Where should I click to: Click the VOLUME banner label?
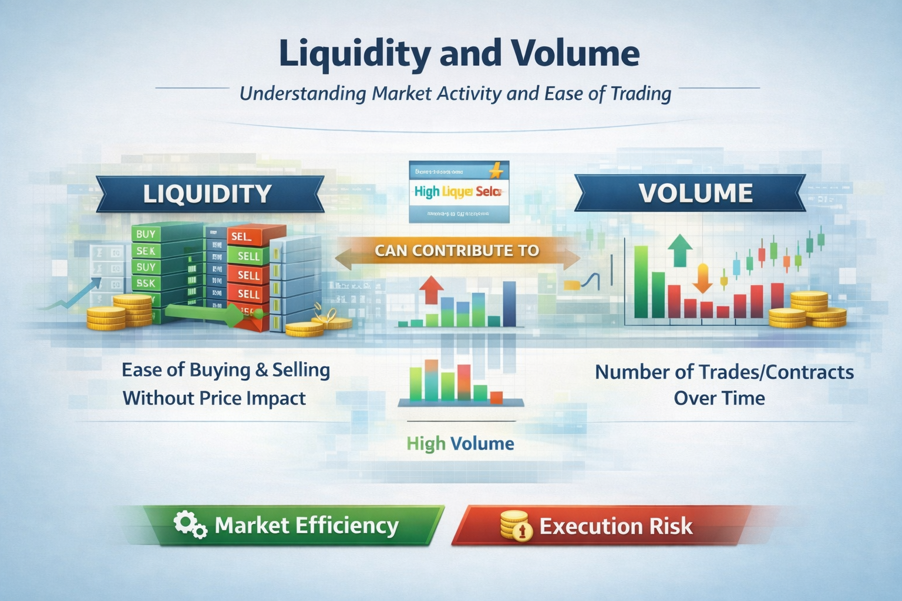[x=695, y=193]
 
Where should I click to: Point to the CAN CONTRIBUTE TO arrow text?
[x=457, y=251]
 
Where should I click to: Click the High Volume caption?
[x=460, y=443]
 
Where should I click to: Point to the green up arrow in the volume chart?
[x=680, y=249]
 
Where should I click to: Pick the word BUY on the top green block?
[x=146, y=234]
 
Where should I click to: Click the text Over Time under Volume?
[x=719, y=399]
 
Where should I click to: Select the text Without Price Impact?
[x=214, y=399]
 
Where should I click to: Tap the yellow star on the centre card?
[x=496, y=172]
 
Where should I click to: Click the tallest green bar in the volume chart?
[x=641, y=282]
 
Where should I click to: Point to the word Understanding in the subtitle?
[x=303, y=94]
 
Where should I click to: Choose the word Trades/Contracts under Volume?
[x=776, y=372]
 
